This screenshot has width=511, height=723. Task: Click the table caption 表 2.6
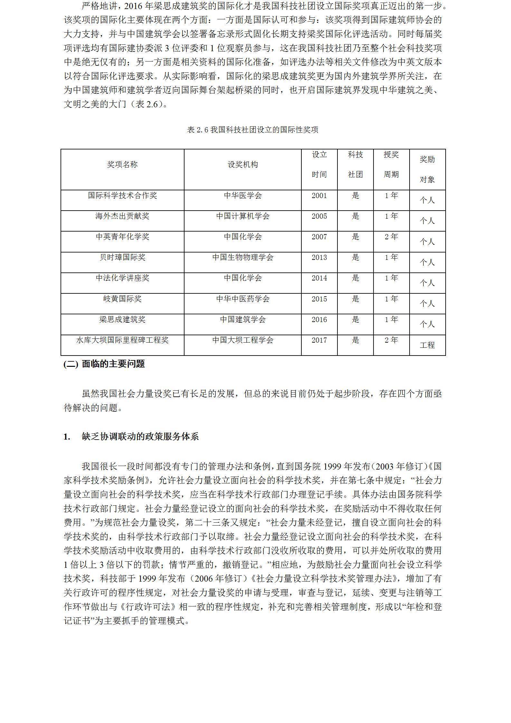coord(253,130)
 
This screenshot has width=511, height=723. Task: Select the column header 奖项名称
coord(122,165)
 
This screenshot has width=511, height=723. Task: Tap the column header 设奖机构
coord(243,165)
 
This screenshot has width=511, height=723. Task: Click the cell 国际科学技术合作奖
coord(122,195)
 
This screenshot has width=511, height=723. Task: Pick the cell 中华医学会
coord(243,195)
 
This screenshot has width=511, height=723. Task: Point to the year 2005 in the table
coord(319,216)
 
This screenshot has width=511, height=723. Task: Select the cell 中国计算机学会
coord(243,216)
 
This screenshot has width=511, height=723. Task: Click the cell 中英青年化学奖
coord(122,237)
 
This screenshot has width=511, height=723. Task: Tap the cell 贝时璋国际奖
coord(122,257)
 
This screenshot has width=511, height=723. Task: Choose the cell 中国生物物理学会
coord(243,257)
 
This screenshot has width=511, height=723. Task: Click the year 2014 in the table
coord(319,278)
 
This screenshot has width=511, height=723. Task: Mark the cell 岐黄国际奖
coord(122,299)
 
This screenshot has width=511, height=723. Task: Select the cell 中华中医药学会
coord(243,299)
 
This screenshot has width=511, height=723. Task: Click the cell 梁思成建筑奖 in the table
coord(122,319)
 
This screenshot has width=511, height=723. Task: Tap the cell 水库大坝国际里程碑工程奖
coord(122,340)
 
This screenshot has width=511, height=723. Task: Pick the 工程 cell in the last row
coord(427,345)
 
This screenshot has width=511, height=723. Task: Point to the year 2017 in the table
coord(319,340)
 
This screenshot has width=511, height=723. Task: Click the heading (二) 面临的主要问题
coord(104,364)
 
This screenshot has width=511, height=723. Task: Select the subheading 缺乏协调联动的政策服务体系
coord(140,437)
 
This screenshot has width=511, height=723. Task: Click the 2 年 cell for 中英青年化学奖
coord(391,237)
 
